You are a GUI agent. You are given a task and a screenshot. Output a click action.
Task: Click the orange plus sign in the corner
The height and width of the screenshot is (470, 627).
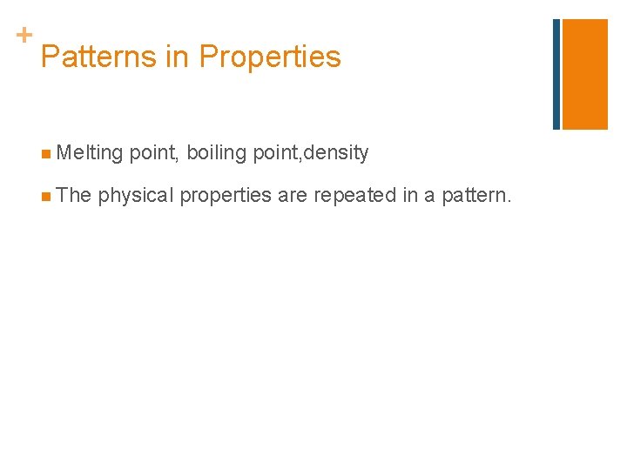click(x=24, y=35)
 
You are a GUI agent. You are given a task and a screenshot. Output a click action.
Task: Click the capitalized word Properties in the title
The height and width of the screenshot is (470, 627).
click(x=270, y=57)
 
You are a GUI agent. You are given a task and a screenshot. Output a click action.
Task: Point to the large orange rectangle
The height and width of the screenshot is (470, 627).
click(x=585, y=74)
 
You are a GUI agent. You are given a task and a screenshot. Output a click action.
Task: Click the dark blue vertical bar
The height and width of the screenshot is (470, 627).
click(x=556, y=74)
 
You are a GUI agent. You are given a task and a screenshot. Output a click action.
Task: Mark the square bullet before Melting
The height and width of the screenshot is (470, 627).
click(x=44, y=155)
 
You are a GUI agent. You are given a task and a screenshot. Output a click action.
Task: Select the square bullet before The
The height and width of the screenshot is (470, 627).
click(x=44, y=197)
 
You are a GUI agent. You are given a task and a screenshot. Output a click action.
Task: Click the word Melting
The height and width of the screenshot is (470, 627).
click(x=90, y=153)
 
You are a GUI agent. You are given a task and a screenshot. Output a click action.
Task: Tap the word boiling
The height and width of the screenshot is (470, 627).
click(x=217, y=154)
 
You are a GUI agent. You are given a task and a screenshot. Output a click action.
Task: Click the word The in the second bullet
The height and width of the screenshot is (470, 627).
click(x=74, y=195)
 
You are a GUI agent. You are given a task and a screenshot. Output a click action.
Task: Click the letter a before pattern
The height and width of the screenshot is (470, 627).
click(x=430, y=196)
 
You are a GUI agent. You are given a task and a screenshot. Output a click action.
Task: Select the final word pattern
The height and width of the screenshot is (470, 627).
click(x=476, y=196)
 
